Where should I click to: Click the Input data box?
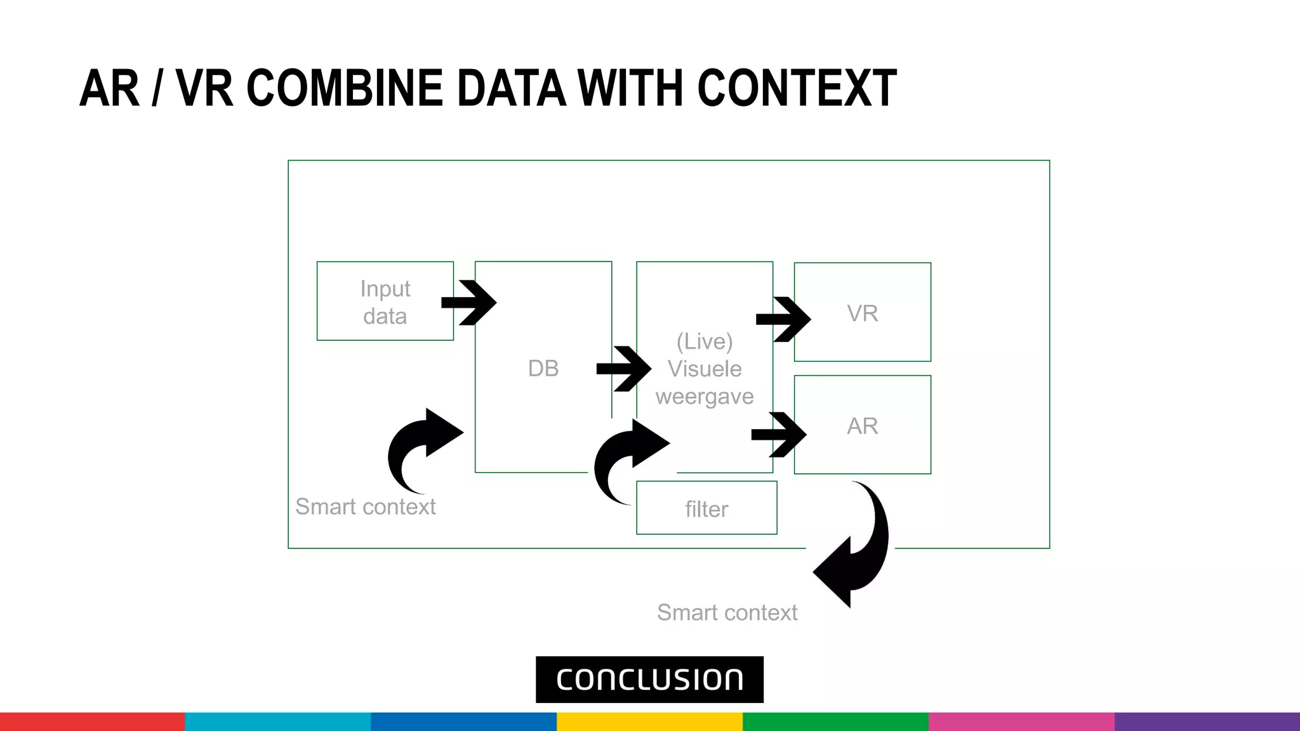click(385, 301)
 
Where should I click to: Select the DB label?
click(543, 368)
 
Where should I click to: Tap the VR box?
click(862, 312)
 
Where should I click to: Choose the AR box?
click(862, 425)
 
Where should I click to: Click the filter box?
click(706, 508)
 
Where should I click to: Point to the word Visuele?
click(705, 369)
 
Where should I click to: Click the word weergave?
click(705, 397)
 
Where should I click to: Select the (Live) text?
click(705, 341)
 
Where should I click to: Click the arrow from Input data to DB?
click(470, 303)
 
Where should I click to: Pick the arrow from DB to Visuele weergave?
click(625, 368)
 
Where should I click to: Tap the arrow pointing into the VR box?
click(784, 319)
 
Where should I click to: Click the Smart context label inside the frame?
click(366, 507)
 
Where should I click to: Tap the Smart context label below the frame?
click(727, 613)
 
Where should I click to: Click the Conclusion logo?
click(649, 680)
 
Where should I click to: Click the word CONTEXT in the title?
click(797, 88)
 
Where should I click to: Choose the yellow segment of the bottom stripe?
click(649, 721)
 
